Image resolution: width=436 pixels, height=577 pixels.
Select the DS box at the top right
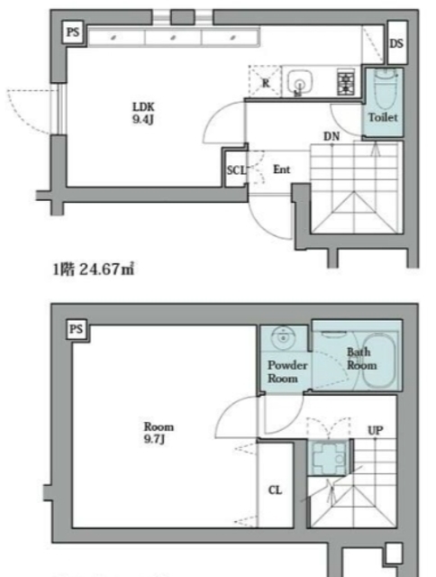(x=396, y=44)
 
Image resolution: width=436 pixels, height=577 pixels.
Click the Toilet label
(x=382, y=117)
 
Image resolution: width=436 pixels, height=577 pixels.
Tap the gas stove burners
(x=344, y=83)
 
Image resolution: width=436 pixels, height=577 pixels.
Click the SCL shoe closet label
(x=234, y=169)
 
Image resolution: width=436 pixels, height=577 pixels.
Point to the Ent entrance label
(x=281, y=169)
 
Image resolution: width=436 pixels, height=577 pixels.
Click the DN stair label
(x=332, y=136)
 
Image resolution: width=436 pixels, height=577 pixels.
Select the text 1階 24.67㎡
(x=95, y=268)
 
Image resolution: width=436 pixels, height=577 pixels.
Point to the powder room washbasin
(x=284, y=339)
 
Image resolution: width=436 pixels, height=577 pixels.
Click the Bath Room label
(x=360, y=359)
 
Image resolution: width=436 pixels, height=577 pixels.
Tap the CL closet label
(x=276, y=490)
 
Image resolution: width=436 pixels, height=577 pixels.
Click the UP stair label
(x=376, y=429)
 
